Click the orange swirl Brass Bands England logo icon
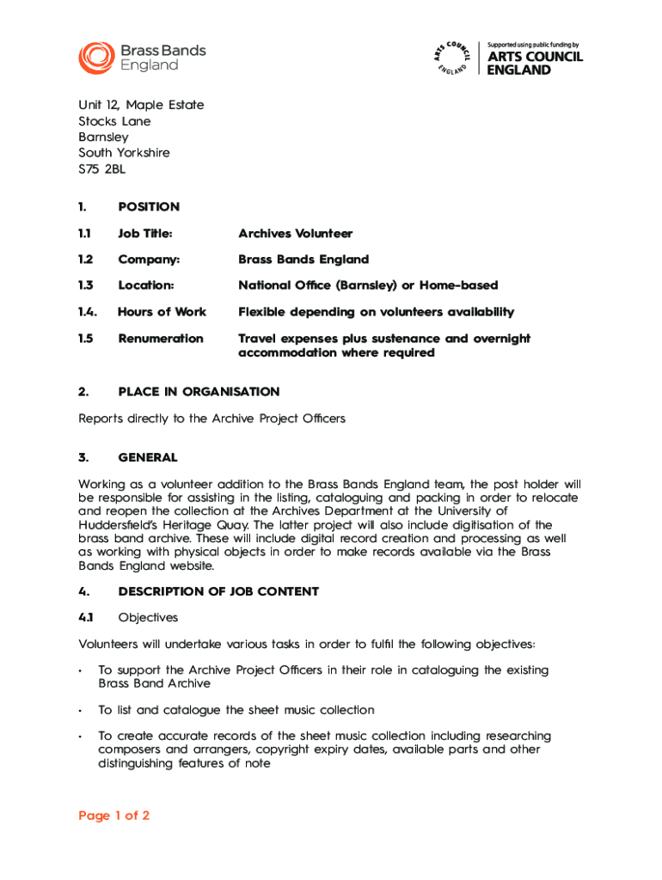[95, 57]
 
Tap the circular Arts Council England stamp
[451, 58]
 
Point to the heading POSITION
[149, 206]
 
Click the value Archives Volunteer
[295, 234]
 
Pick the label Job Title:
[145, 234]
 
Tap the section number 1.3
[86, 285]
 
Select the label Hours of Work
[162, 312]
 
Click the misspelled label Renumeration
[161, 339]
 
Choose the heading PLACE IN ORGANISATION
[199, 392]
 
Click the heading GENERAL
[148, 458]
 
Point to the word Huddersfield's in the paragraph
[120, 525]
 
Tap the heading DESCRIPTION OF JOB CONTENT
[218, 591]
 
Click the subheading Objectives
[147, 617]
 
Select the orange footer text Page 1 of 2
[114, 816]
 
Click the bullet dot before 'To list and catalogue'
[80, 712]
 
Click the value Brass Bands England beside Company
[303, 260]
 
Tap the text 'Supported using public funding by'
[533, 45]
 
